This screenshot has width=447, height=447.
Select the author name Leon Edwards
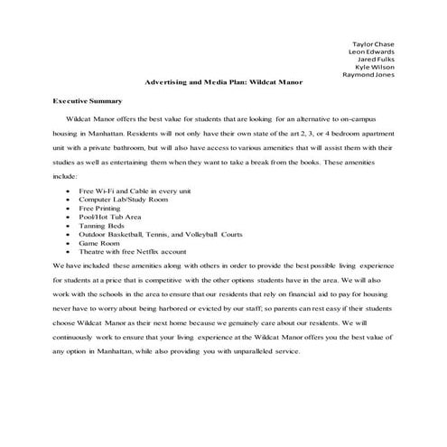point(371,54)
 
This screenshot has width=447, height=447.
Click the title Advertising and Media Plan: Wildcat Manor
point(223,89)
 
